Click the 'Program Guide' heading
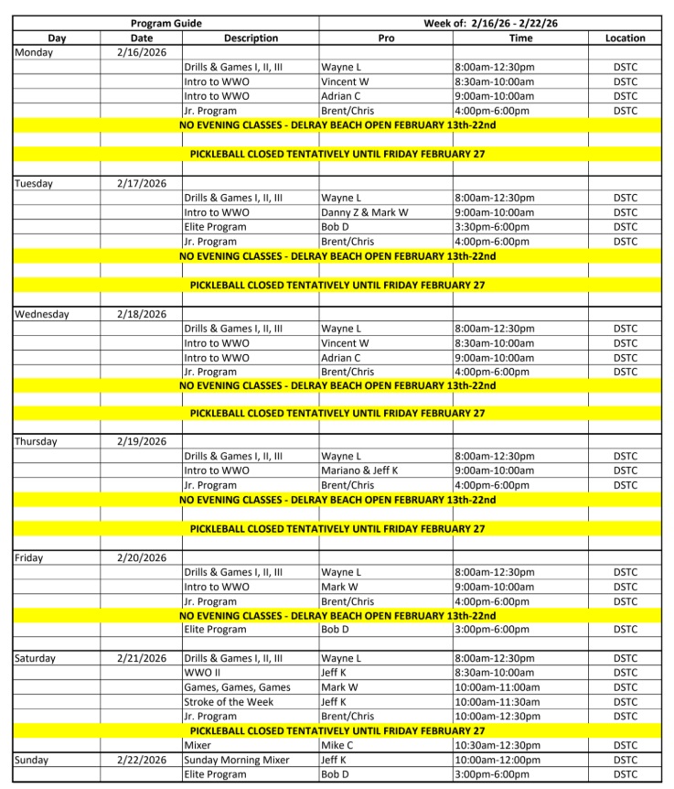click(166, 23)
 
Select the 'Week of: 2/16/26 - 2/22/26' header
click(496, 23)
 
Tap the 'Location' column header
click(625, 38)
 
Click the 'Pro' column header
click(386, 38)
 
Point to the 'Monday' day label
click(34, 52)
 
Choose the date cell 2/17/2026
click(142, 183)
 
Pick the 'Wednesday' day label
click(42, 314)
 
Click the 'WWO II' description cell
click(202, 673)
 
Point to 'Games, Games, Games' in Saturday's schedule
click(237, 687)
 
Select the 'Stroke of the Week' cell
click(229, 702)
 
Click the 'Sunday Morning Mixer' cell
click(237, 761)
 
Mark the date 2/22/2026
click(142, 761)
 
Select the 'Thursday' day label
click(37, 441)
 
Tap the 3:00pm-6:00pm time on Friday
click(492, 630)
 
